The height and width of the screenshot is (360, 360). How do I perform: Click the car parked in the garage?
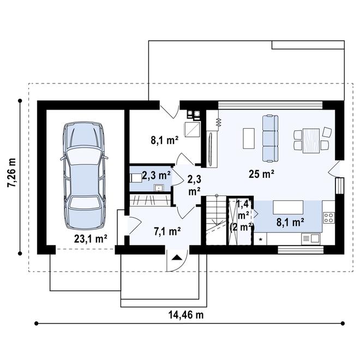pos(85,176)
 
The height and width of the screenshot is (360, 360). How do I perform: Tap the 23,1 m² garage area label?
pos(91,238)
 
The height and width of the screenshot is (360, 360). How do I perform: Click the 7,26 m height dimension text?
pos(11,173)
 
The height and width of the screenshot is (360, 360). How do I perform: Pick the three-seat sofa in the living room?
pos(271,139)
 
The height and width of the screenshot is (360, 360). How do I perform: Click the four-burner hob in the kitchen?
pos(329,218)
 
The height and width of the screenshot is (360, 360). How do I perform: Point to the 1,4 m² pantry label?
pos(243,209)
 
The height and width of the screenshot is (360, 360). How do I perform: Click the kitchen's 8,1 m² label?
pos(290,222)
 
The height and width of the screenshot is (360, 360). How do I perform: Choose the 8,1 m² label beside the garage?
pos(165,140)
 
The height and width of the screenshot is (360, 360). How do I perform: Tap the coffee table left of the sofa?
pos(249,139)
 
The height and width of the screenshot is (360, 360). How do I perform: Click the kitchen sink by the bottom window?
pos(310,238)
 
